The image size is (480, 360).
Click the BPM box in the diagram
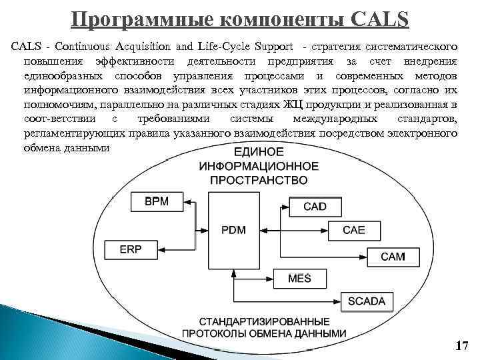[156, 201]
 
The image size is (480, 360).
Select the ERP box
[131, 249]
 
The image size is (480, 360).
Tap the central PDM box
[233, 231]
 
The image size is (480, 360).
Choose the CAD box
[315, 206]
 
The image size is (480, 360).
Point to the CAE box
[354, 230]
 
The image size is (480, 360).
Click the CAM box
[393, 256]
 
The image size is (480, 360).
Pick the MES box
[300, 277]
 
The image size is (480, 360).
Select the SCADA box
[366, 301]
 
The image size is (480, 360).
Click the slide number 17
[461, 345]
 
